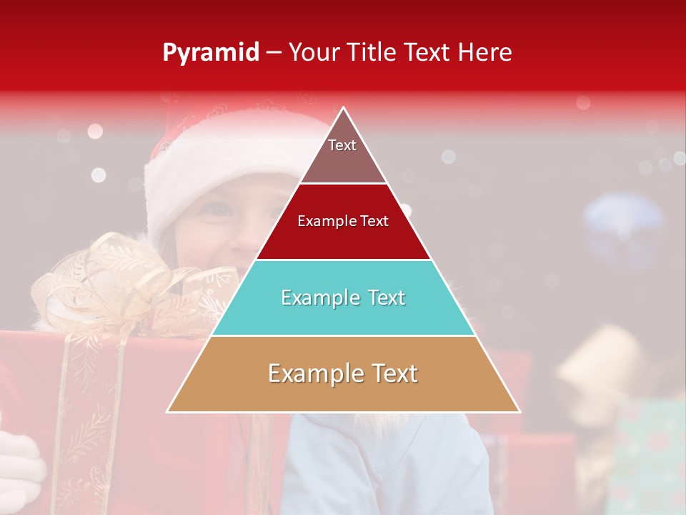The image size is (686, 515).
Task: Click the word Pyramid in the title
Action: (211, 53)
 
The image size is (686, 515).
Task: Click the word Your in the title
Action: (312, 52)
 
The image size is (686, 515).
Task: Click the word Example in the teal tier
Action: (314, 298)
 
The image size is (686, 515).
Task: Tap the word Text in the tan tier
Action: (389, 373)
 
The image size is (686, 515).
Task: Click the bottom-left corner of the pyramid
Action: (168, 411)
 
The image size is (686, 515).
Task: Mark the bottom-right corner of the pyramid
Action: (520, 411)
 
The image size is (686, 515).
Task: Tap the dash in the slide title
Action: (274, 53)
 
